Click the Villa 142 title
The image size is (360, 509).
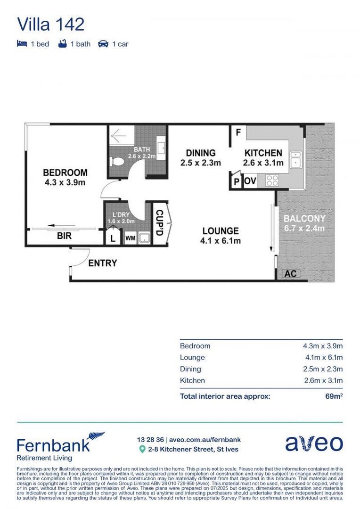(50, 24)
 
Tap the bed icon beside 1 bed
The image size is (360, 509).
(22, 44)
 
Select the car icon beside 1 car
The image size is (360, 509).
(103, 44)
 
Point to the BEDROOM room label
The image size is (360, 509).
(65, 172)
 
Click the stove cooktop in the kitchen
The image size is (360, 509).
(272, 181)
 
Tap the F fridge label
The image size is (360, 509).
(238, 133)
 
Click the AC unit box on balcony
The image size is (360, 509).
(290, 273)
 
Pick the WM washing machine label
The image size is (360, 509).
(130, 238)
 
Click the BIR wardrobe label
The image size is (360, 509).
(64, 236)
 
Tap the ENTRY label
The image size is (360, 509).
(102, 263)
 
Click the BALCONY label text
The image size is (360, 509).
(304, 219)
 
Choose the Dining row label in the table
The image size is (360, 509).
(190, 369)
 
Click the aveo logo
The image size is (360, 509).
(314, 443)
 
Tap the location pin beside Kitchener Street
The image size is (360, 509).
(142, 450)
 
